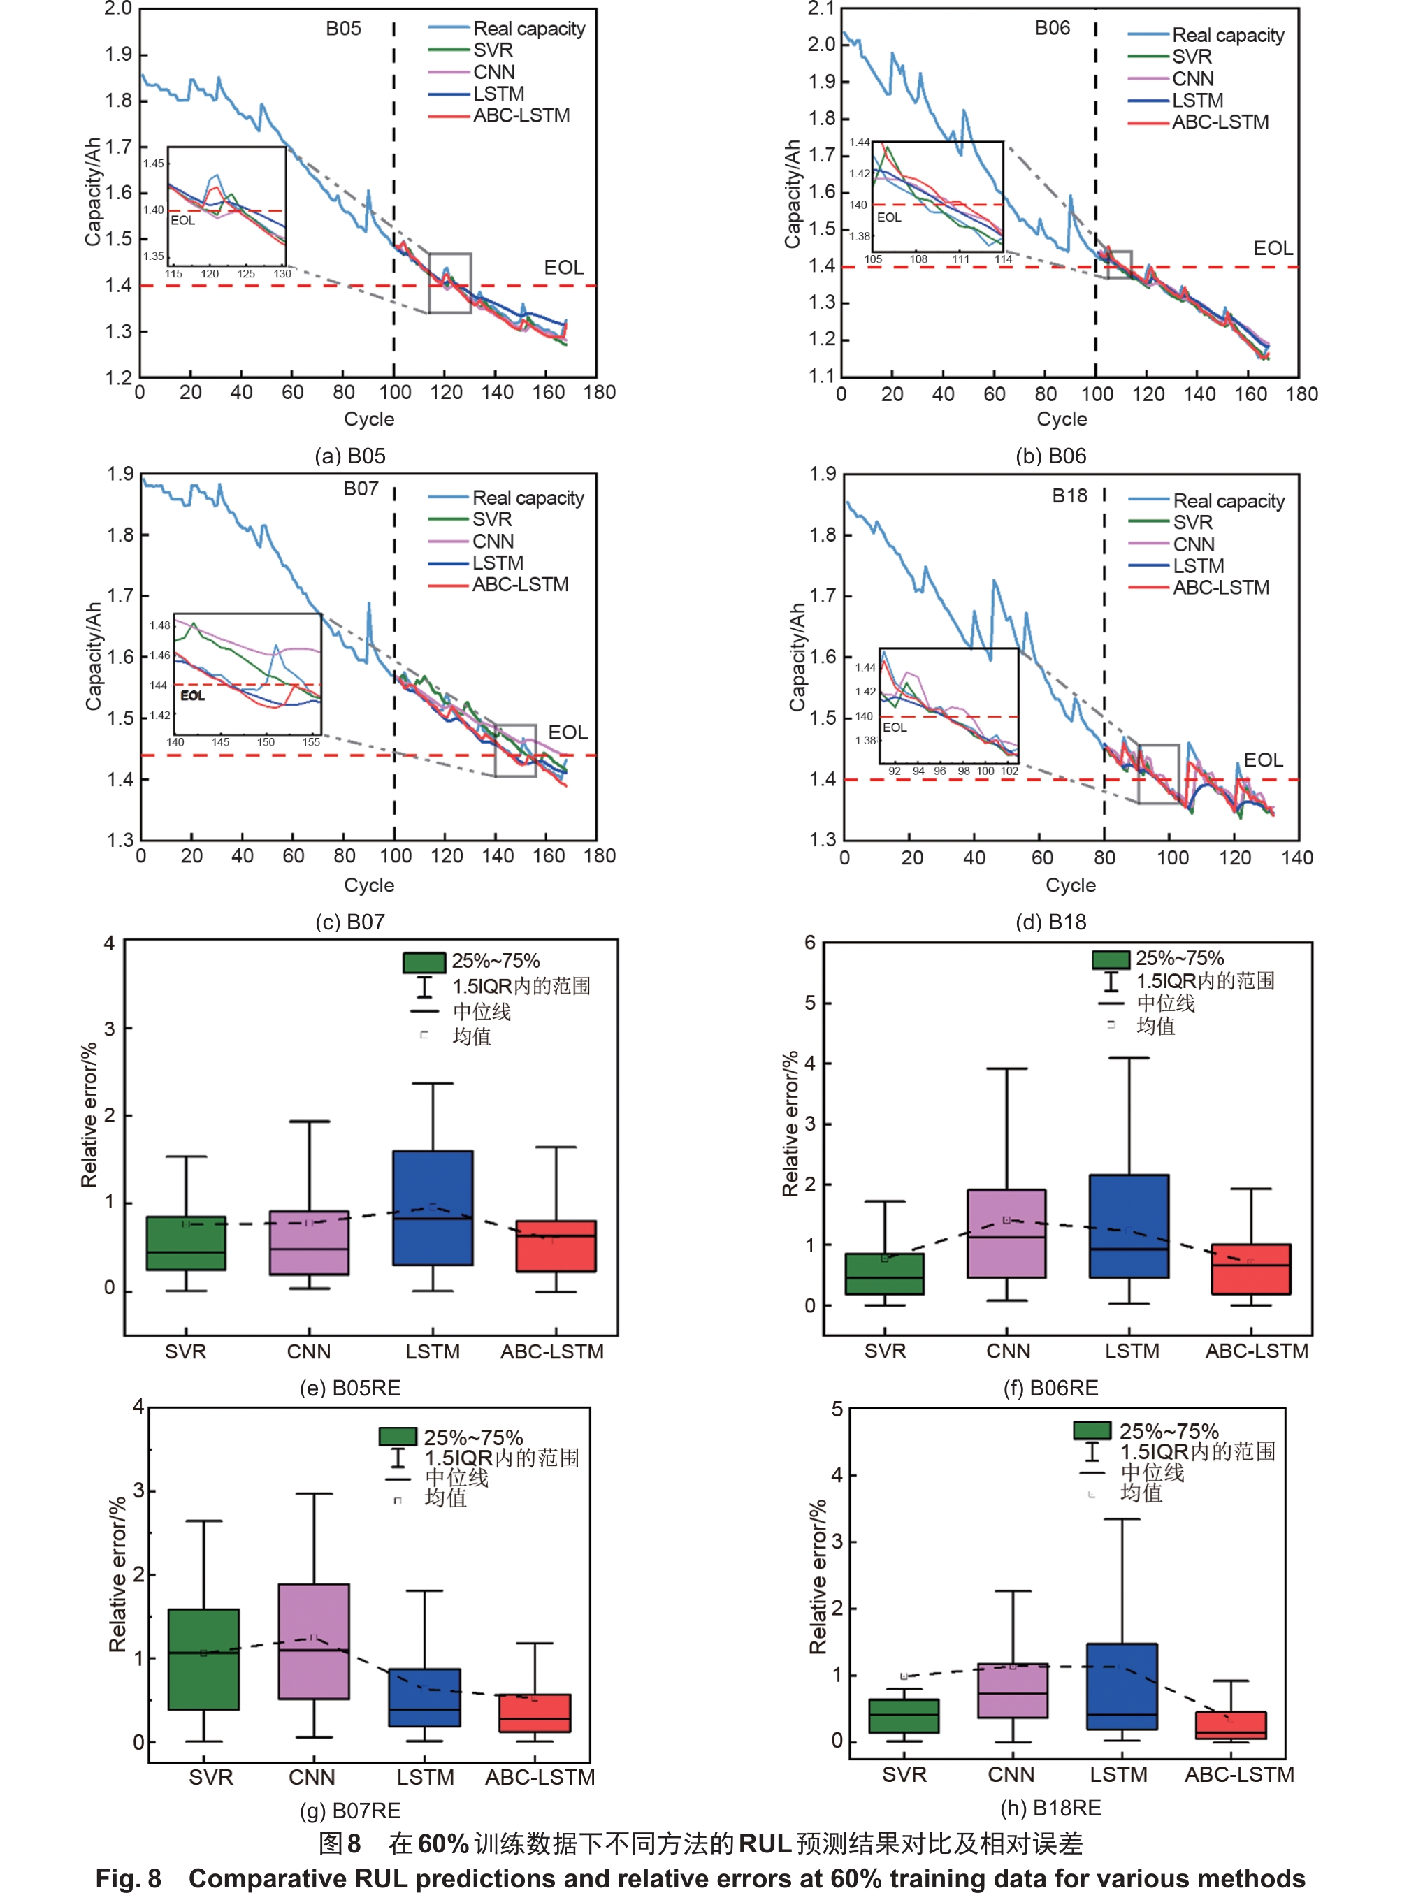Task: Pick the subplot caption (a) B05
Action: coord(349,456)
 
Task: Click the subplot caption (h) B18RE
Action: coord(1050,1808)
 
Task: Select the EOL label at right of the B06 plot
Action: coord(1273,249)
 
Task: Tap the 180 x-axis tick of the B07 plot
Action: coord(599,855)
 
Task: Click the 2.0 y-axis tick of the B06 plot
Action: coord(821,44)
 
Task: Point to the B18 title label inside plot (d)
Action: coord(1069,495)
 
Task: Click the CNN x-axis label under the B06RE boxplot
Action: coord(1009,1350)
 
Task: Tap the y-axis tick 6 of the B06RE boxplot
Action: coord(811,942)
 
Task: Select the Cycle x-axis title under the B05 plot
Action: coord(369,419)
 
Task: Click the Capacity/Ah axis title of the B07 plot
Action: coord(94,656)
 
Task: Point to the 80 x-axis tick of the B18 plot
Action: coord(1104,857)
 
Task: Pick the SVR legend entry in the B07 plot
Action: coord(491,519)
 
